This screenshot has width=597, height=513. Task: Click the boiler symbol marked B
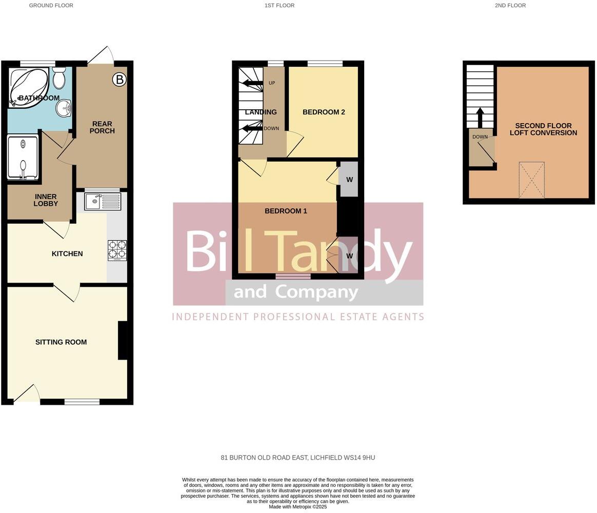point(120,80)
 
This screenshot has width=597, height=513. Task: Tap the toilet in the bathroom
point(59,77)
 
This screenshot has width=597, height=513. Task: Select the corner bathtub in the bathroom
point(29,88)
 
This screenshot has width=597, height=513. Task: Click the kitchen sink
point(103,202)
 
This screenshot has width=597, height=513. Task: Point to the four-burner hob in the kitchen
point(117,250)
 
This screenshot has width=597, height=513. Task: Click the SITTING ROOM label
point(61,342)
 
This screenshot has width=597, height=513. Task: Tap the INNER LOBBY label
point(46,200)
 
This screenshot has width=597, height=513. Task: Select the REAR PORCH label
point(102,127)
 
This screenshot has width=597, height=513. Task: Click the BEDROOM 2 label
point(324,112)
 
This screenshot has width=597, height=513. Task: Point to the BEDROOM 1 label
point(286,211)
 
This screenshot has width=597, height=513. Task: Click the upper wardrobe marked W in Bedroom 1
point(349,180)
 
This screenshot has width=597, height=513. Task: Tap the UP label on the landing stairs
point(272,83)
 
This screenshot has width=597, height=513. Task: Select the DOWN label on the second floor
point(480,137)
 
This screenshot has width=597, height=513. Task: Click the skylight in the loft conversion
point(531,180)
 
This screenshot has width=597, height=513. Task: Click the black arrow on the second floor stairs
point(480,117)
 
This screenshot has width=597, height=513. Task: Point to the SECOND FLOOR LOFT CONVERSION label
point(543,129)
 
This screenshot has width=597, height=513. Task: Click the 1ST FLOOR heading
point(280,6)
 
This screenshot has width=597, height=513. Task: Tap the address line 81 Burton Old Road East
point(298,458)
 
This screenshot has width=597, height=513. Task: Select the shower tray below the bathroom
point(23,157)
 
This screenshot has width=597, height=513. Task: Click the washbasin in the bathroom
point(65,108)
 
